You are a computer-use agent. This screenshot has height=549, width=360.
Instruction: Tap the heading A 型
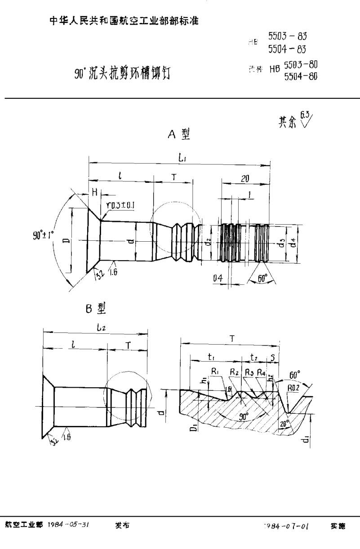pyautogui.click(x=179, y=135)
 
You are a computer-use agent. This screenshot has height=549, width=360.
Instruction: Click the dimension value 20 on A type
pyautogui.click(x=245, y=178)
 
